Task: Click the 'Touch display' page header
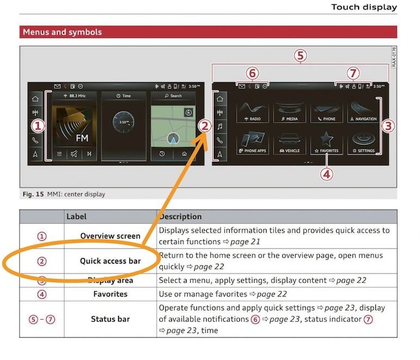pyautogui.click(x=364, y=7)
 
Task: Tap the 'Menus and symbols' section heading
pyautogui.click(x=62, y=32)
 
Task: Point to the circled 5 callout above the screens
pyautogui.click(x=300, y=56)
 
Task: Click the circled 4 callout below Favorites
pyautogui.click(x=327, y=174)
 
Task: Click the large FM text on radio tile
pyautogui.click(x=82, y=138)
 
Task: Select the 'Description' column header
pyautogui.click(x=180, y=217)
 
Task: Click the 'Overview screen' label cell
pyautogui.click(x=110, y=236)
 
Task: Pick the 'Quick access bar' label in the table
pyautogui.click(x=110, y=261)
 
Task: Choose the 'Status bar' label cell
pyautogui.click(x=110, y=319)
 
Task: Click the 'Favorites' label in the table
pyautogui.click(x=110, y=294)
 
